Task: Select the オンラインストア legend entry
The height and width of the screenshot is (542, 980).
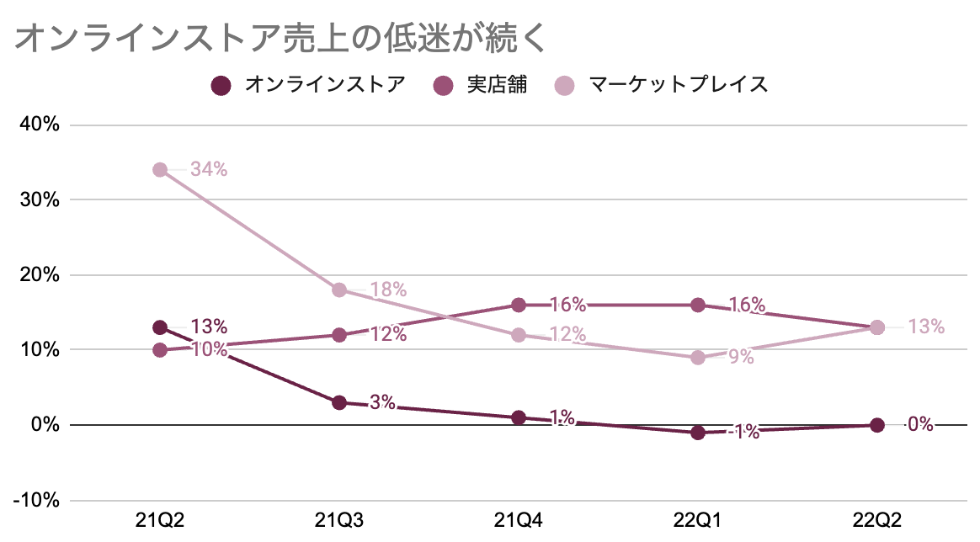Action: (308, 85)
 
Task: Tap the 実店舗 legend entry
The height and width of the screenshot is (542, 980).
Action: (480, 85)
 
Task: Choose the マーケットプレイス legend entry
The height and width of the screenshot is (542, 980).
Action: (661, 85)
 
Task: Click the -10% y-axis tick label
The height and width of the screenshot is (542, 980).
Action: (36, 500)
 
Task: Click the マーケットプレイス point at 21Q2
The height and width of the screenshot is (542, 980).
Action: (160, 170)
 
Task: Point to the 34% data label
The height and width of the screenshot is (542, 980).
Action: (209, 169)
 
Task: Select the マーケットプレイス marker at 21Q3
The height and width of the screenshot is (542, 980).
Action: (339, 290)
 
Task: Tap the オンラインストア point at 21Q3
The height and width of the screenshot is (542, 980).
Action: (339, 402)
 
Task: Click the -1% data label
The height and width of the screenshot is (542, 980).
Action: (743, 433)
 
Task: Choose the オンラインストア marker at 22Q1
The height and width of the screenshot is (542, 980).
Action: (697, 433)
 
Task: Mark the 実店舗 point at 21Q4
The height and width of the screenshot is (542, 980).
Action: (519, 305)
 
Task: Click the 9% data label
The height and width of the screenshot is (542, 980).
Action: (741, 357)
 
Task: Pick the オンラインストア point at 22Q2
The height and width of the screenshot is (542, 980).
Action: (876, 425)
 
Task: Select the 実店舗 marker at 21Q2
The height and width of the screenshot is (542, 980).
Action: (160, 350)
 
